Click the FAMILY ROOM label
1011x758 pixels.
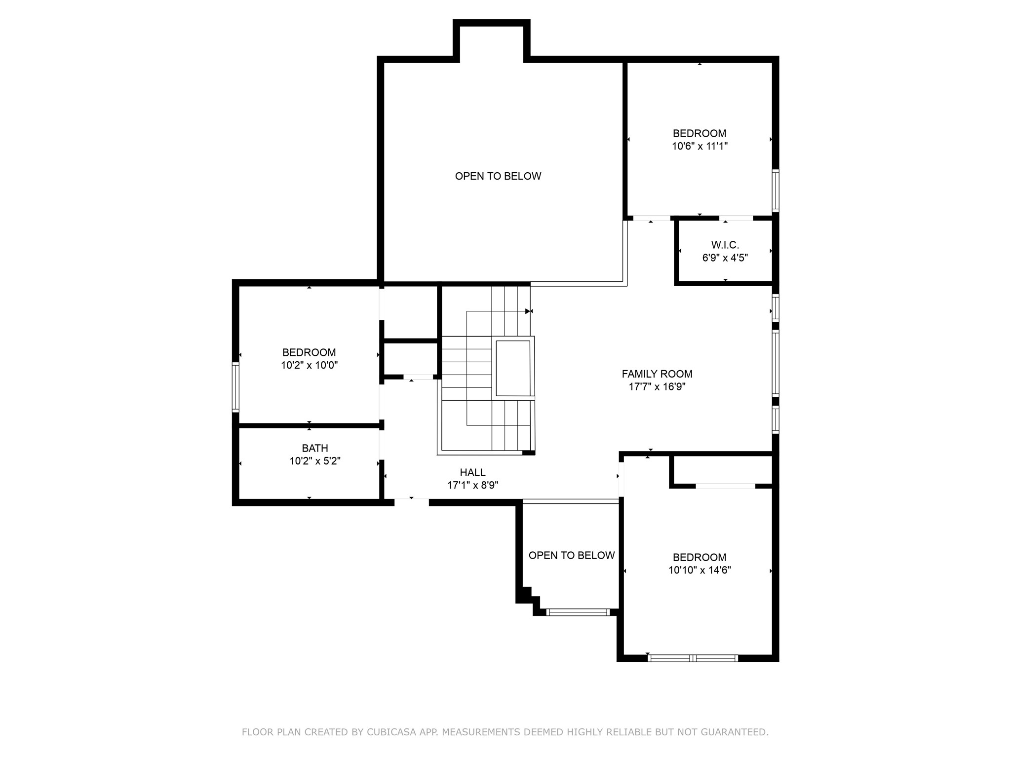[x=657, y=374]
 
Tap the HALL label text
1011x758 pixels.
[x=473, y=472]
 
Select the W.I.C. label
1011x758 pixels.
[x=725, y=245]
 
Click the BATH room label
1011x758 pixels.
[x=315, y=448]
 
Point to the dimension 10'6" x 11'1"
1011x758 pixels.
[x=700, y=146]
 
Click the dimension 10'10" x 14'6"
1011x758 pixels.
[x=700, y=570]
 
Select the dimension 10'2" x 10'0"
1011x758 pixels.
[x=310, y=365]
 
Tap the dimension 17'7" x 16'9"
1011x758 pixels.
[x=657, y=387]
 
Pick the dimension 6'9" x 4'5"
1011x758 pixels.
[x=725, y=258]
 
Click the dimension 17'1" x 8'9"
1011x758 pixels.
[x=473, y=485]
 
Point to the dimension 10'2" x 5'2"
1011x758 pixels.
[x=315, y=461]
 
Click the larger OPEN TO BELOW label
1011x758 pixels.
[x=498, y=176]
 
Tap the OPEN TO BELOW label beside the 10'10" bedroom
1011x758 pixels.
[x=572, y=555]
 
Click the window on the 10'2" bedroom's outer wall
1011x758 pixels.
[x=236, y=387]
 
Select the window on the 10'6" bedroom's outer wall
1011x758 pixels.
[x=776, y=191]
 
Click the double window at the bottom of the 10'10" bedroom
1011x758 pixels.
[x=693, y=658]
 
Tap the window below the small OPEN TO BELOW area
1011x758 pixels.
[x=578, y=612]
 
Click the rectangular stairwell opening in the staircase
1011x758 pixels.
[x=513, y=368]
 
